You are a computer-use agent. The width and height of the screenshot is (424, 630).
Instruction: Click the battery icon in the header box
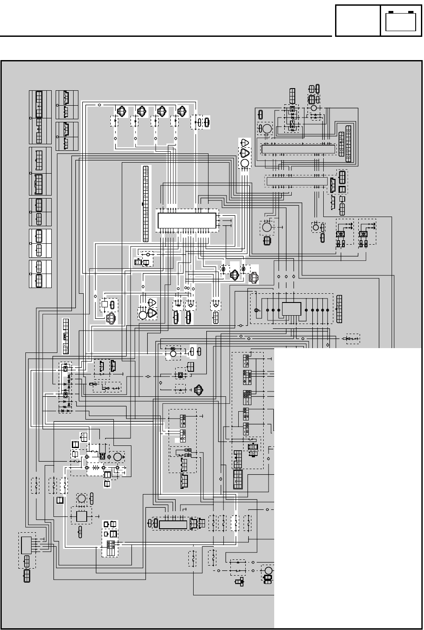(x=400, y=21)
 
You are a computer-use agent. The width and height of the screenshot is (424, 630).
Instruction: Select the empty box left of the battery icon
(x=357, y=21)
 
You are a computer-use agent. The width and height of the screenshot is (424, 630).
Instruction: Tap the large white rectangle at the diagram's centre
(x=187, y=221)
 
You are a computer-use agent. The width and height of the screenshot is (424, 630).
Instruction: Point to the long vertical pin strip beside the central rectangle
(x=145, y=204)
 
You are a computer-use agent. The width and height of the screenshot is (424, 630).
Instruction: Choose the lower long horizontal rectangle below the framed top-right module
(x=297, y=181)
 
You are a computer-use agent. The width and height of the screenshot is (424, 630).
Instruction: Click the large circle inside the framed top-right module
(x=267, y=129)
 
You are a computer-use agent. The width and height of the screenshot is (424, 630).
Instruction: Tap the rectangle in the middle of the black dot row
(x=291, y=309)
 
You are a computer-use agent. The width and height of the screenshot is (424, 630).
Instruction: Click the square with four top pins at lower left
(x=81, y=516)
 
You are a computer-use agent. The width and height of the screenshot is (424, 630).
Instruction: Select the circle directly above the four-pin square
(x=81, y=498)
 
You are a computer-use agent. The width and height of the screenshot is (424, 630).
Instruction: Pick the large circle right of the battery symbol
(x=117, y=457)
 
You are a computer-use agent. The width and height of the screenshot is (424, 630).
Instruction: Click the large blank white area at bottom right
(x=346, y=482)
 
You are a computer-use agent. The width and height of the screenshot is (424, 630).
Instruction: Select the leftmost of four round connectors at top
(x=122, y=111)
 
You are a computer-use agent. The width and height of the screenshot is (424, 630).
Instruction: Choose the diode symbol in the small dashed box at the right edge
(x=351, y=339)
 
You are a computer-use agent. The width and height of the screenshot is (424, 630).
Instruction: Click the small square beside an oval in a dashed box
(x=105, y=304)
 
